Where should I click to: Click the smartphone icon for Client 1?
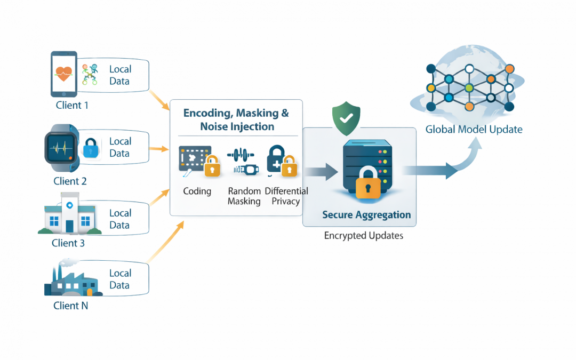click(63, 74)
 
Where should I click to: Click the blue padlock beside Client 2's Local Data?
click(92, 149)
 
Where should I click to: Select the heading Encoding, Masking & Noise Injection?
click(236, 119)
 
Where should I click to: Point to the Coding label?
click(197, 191)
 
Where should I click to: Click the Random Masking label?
click(244, 196)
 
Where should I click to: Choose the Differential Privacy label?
click(286, 196)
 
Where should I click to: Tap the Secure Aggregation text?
click(366, 215)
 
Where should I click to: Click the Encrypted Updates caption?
click(363, 235)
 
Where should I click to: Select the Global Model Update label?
click(474, 129)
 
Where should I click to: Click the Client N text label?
click(70, 306)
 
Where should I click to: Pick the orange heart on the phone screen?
click(63, 74)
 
